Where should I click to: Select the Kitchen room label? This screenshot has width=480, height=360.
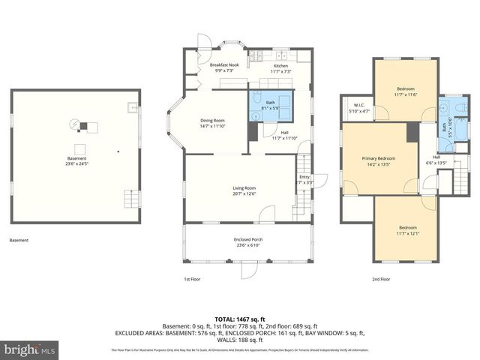(x=280, y=67)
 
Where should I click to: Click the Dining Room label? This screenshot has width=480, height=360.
(x=212, y=123)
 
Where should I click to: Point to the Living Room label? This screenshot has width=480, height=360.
(x=244, y=190)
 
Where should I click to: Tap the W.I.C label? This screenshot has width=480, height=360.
(x=358, y=109)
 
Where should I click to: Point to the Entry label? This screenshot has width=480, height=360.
(x=304, y=179)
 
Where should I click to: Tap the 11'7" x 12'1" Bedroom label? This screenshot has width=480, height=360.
(x=407, y=229)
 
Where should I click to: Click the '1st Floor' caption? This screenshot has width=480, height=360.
(x=192, y=279)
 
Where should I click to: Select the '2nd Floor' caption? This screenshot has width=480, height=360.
(x=381, y=279)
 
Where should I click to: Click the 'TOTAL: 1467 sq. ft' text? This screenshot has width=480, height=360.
(x=239, y=319)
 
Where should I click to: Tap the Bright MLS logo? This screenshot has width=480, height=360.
(x=30, y=349)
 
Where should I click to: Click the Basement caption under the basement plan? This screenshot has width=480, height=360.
(x=19, y=241)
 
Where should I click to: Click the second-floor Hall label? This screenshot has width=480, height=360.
(x=436, y=160)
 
